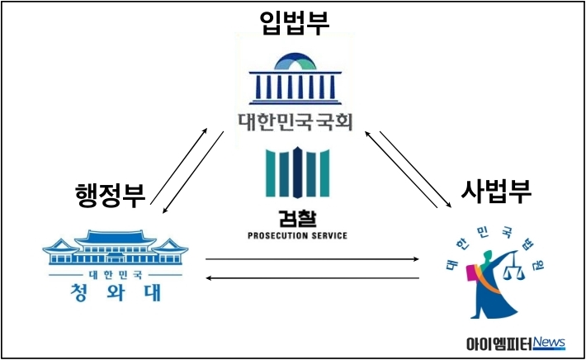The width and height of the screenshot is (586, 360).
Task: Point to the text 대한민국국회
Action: coord(295,122)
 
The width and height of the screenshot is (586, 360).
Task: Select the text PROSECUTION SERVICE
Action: coord(297,235)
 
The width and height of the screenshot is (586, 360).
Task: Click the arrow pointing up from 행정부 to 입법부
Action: coord(179,166)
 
